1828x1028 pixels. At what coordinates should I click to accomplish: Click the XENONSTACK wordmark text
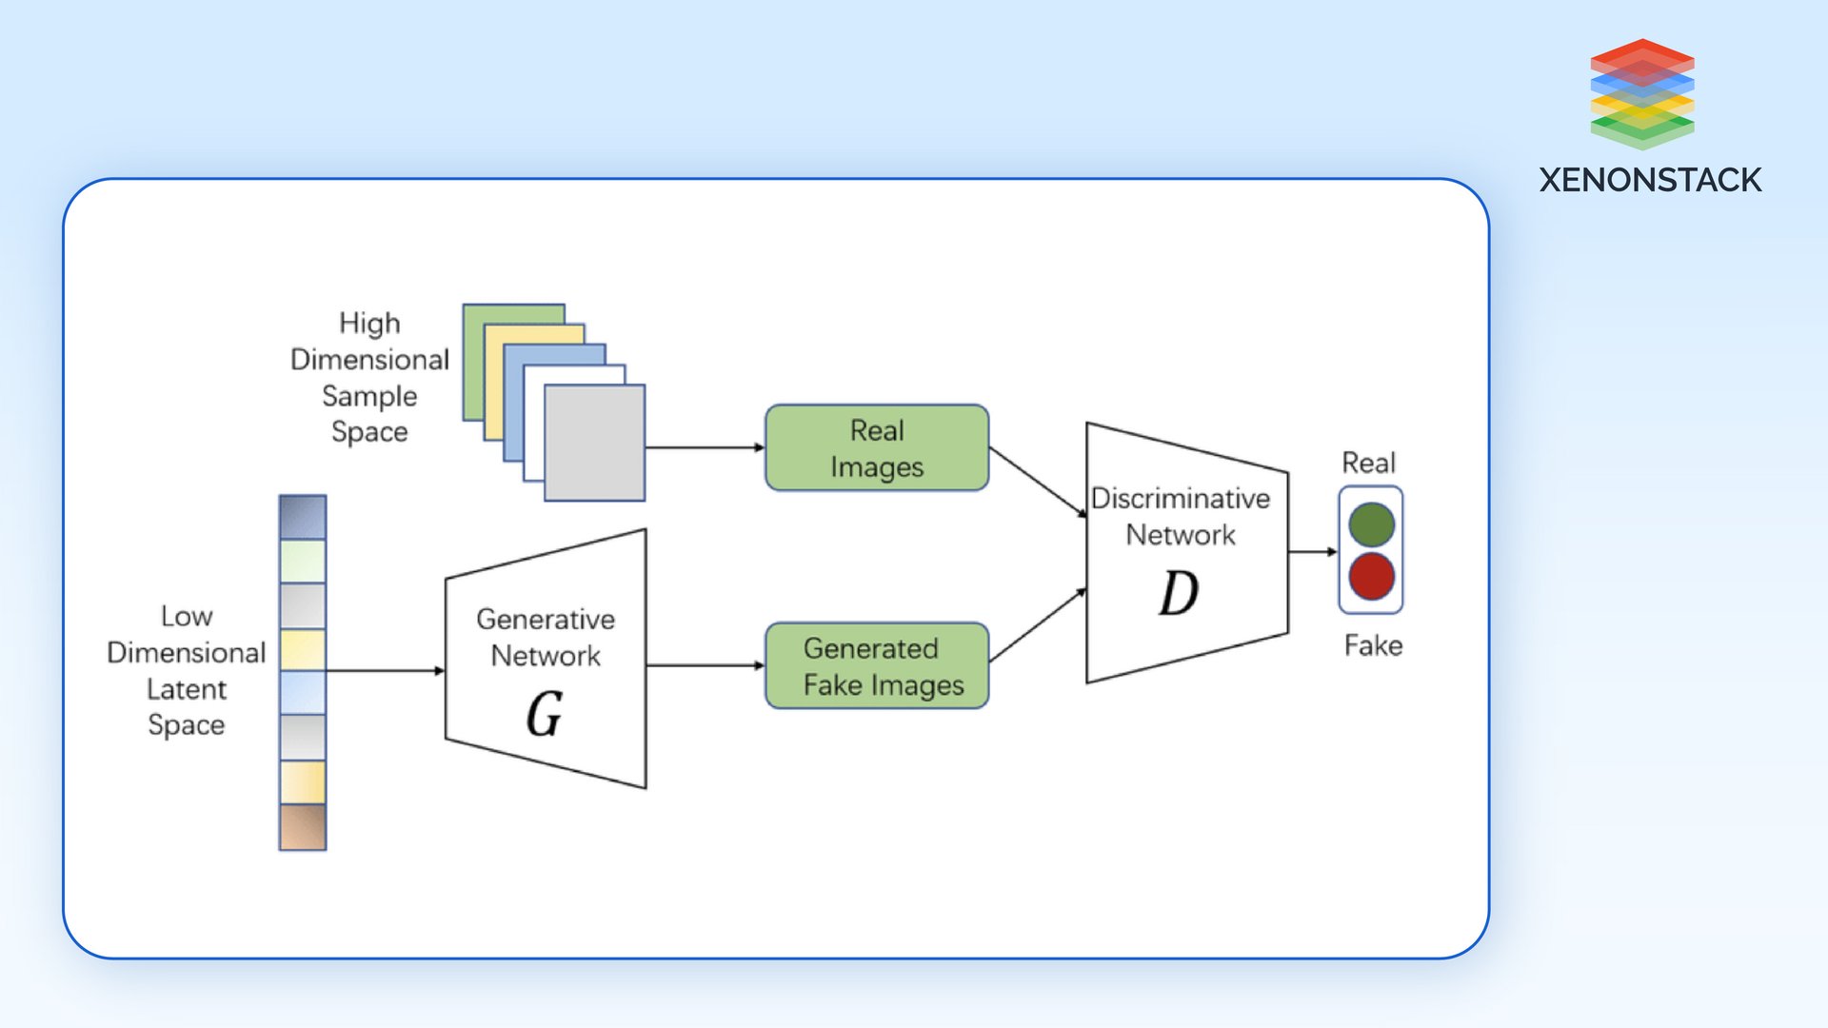pos(1650,180)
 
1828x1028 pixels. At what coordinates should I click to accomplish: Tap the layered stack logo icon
pos(1642,93)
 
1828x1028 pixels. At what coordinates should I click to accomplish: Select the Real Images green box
pos(877,447)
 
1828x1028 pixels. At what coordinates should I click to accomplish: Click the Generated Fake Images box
pos(877,665)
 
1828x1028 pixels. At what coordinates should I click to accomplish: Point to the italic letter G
pos(545,714)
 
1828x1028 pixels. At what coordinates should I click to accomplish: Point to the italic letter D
pos(1179,593)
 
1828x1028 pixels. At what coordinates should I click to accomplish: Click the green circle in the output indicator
pos(1371,524)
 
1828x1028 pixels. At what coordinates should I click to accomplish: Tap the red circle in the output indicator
pos(1371,577)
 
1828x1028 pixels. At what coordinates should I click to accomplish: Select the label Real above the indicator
pos(1368,463)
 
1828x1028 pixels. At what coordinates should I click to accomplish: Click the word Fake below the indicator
pos(1373,645)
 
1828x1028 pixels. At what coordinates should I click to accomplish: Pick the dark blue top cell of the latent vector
pos(303,517)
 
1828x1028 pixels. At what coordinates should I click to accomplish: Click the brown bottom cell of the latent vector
pos(303,826)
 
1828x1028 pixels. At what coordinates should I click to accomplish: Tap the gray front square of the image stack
pos(595,443)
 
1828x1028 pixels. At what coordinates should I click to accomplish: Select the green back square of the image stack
pos(473,362)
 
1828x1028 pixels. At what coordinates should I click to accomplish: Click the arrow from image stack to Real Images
pos(705,447)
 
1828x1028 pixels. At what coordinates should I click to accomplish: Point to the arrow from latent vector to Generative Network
pos(386,670)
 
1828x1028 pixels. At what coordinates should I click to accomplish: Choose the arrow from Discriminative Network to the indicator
pos(1312,551)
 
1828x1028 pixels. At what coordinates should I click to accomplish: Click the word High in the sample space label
pos(369,324)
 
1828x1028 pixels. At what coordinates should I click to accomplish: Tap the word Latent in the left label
pos(187,689)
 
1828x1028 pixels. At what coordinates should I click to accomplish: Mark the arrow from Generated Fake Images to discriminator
pos(1038,625)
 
